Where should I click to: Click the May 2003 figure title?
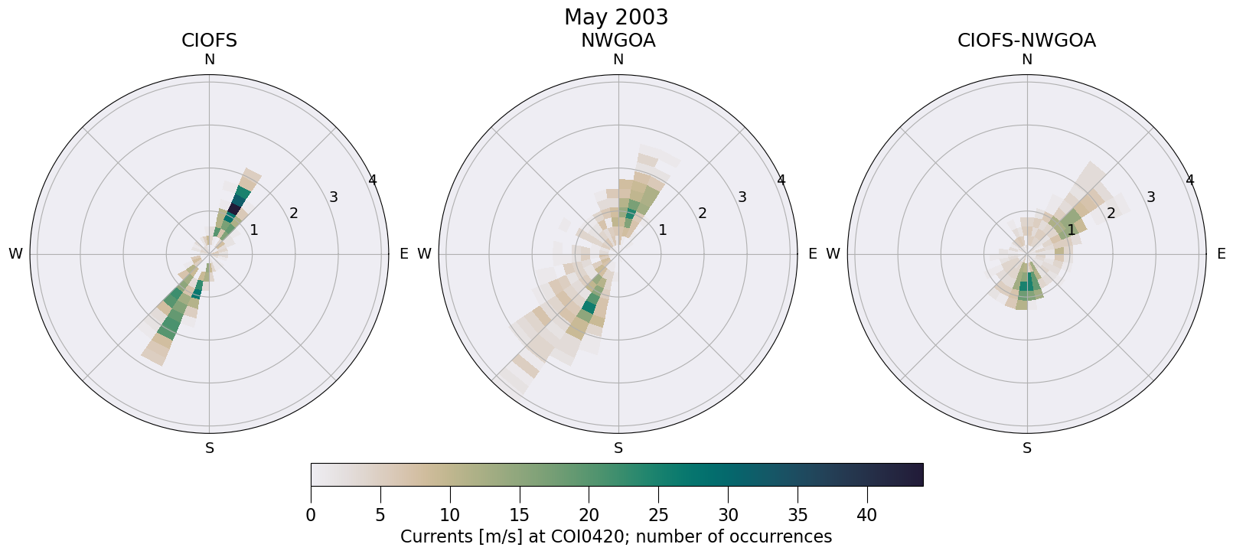(616, 17)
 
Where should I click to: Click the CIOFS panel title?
(209, 41)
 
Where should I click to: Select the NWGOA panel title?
(618, 41)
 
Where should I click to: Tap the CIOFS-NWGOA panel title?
(1026, 41)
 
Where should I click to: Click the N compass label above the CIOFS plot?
(209, 60)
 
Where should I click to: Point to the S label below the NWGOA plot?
(618, 448)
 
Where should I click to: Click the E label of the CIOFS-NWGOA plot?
(1221, 254)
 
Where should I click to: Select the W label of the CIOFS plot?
(15, 254)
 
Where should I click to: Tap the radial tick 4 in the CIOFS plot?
(372, 180)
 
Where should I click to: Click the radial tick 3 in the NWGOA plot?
(742, 197)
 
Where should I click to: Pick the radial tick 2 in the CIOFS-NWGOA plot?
(1111, 213)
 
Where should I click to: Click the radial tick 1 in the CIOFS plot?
(254, 230)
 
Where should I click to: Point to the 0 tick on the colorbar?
(311, 515)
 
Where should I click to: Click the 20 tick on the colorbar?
(589, 515)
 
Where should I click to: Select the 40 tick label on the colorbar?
(866, 515)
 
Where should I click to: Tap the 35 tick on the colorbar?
(798, 515)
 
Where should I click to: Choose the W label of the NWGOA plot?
(424, 254)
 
